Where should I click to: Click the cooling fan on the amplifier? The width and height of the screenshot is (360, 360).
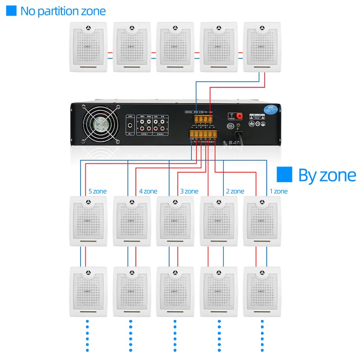click(x=101, y=125)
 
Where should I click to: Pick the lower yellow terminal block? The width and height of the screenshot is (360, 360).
click(x=203, y=134)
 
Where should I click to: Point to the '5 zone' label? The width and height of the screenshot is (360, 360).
click(x=97, y=191)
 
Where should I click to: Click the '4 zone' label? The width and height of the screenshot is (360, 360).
click(x=148, y=191)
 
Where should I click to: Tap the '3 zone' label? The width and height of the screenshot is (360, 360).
click(x=189, y=191)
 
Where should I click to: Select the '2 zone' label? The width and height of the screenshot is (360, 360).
click(x=235, y=191)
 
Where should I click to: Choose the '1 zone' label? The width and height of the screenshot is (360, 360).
click(x=278, y=191)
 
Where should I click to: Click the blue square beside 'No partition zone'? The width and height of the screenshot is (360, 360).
click(x=11, y=11)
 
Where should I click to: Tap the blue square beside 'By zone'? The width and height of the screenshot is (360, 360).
click(x=284, y=175)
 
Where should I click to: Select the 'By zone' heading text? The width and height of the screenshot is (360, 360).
click(x=327, y=175)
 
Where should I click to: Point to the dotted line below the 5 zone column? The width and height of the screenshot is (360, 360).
click(x=87, y=335)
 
